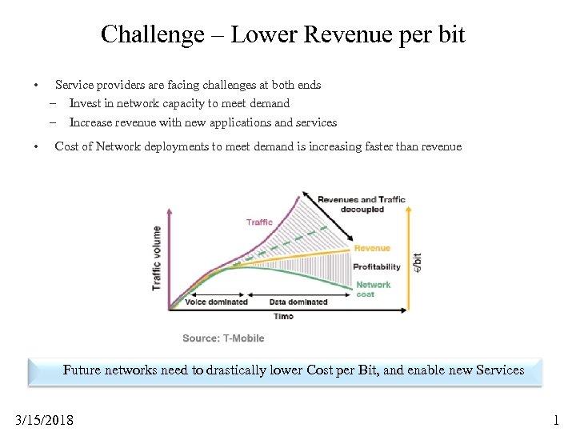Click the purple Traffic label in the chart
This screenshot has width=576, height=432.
[259, 222]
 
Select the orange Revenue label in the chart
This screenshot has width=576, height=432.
[372, 248]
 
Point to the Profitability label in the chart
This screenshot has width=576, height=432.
[377, 266]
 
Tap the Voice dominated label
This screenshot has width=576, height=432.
[216, 302]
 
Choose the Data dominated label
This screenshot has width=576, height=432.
[298, 302]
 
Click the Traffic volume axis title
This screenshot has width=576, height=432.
[157, 258]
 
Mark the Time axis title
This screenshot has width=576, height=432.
[283, 316]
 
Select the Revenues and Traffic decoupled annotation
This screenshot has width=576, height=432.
[362, 204]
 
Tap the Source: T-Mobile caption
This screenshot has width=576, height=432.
[223, 338]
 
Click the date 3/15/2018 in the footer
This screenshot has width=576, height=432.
[45, 420]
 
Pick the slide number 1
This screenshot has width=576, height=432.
[556, 420]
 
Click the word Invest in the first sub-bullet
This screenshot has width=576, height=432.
[84, 103]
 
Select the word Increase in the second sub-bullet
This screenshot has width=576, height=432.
[90, 122]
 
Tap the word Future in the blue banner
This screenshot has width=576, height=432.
[83, 370]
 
